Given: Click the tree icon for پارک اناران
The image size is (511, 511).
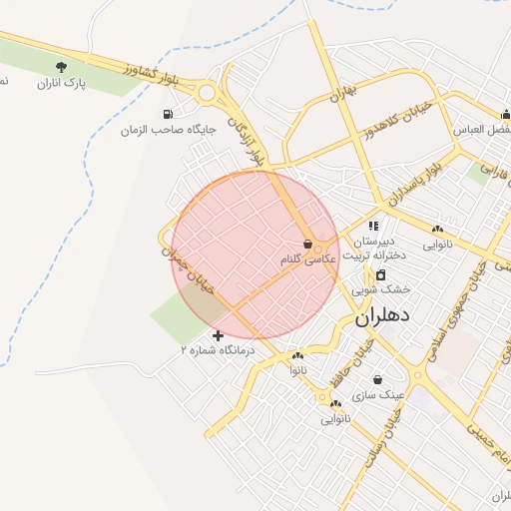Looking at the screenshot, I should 62,67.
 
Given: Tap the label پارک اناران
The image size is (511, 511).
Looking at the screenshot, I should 62,84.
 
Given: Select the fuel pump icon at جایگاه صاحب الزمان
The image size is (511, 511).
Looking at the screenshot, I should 167,114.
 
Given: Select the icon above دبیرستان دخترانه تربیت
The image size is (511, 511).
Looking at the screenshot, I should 374,228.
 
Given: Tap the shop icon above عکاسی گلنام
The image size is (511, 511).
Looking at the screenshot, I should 307,244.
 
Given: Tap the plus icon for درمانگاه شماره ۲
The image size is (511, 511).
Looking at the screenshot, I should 218,335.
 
